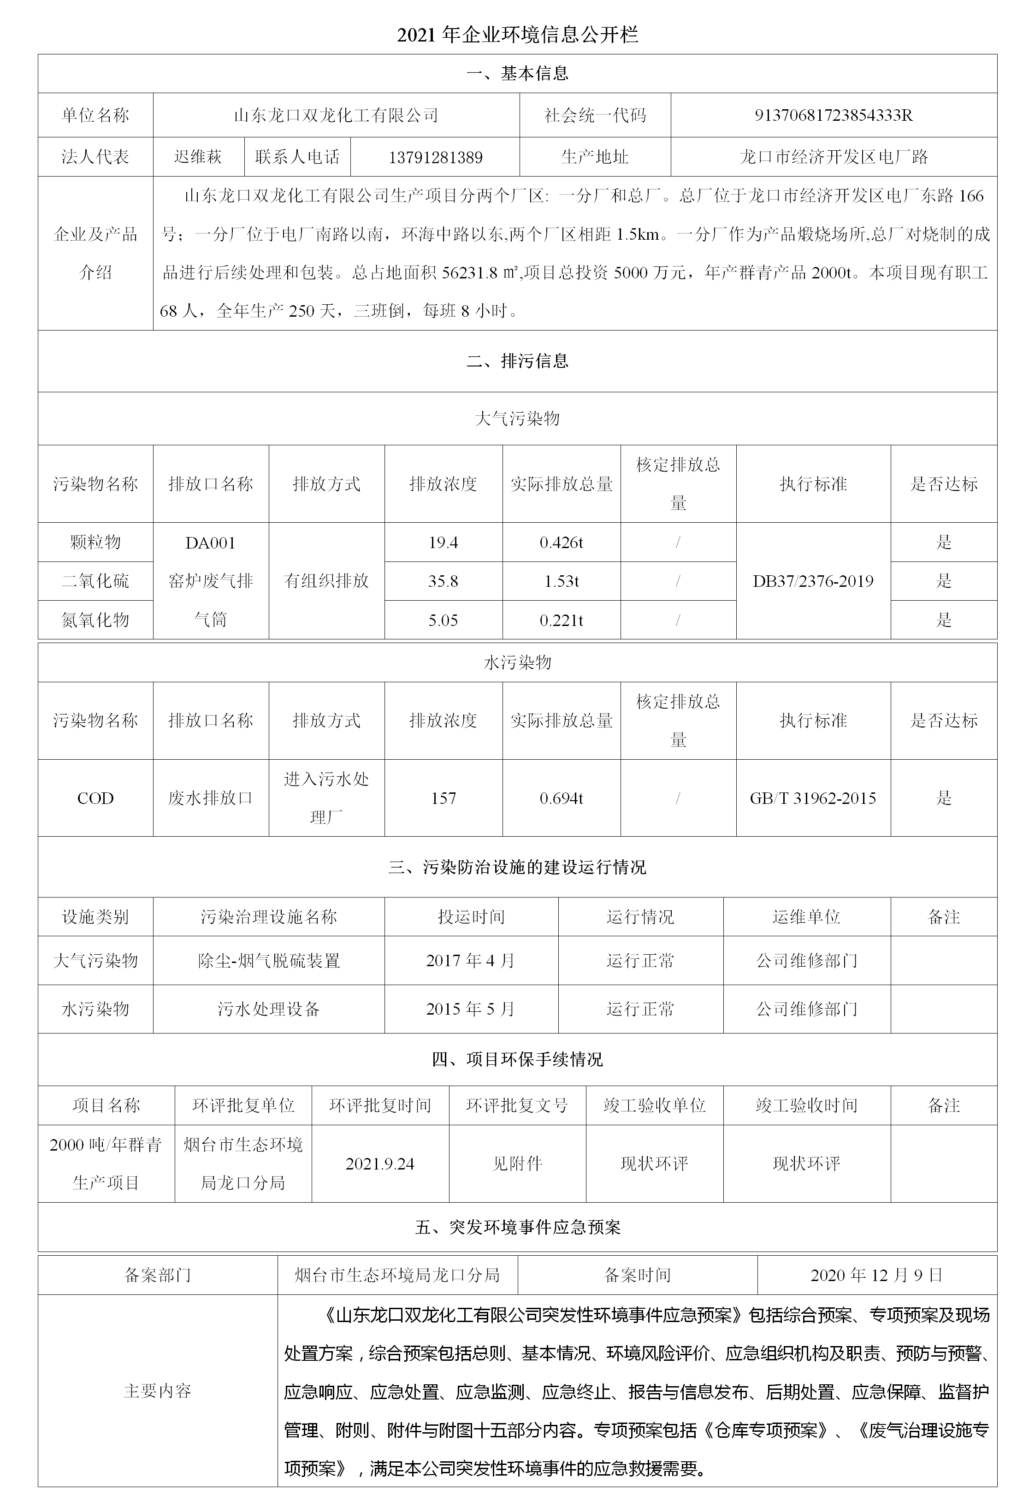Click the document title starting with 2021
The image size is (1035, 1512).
pos(517,35)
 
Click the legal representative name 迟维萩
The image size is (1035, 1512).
pos(198,157)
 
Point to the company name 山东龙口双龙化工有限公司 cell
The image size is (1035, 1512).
pos(336,115)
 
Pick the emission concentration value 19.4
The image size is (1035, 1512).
pos(443,543)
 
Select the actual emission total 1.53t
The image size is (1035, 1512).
pos(562,581)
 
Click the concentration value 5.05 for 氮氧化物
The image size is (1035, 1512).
pos(443,620)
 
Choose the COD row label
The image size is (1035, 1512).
pos(95,798)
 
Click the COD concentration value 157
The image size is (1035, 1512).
pos(443,798)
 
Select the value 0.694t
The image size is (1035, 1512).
pos(562,798)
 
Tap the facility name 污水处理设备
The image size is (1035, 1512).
pos(269,1009)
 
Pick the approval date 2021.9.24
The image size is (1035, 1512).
pos(380,1164)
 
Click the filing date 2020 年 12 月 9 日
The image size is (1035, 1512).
pos(876,1275)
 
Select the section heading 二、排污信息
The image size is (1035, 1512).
pos(517,361)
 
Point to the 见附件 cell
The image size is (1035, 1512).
pos(517,1164)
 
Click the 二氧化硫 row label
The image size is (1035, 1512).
pos(95,581)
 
